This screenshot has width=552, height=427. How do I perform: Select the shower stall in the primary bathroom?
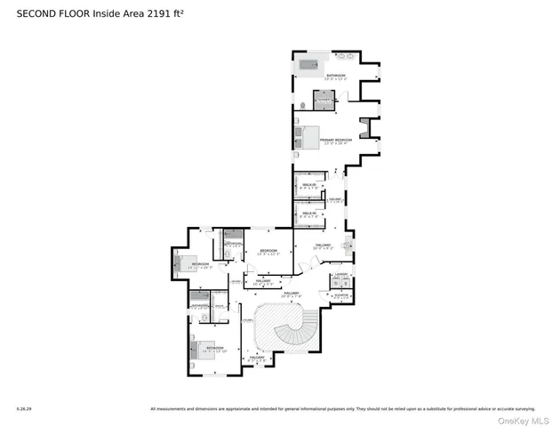pyautogui.click(x=324, y=99)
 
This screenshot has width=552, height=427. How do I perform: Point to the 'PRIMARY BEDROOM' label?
pyautogui.click(x=336, y=140)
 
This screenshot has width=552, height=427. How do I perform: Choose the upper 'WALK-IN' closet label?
pyautogui.click(x=309, y=187)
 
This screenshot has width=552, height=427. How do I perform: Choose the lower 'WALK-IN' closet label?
pyautogui.click(x=309, y=213)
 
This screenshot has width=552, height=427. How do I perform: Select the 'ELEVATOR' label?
pyautogui.click(x=340, y=294)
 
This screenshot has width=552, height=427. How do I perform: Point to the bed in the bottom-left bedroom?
pyautogui.click(x=204, y=350)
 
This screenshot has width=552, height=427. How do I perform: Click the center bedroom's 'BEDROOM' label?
pyautogui.click(x=268, y=251)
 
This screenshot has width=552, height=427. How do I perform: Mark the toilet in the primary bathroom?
pyautogui.click(x=303, y=105)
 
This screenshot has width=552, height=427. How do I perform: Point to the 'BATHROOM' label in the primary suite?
pyautogui.click(x=335, y=76)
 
